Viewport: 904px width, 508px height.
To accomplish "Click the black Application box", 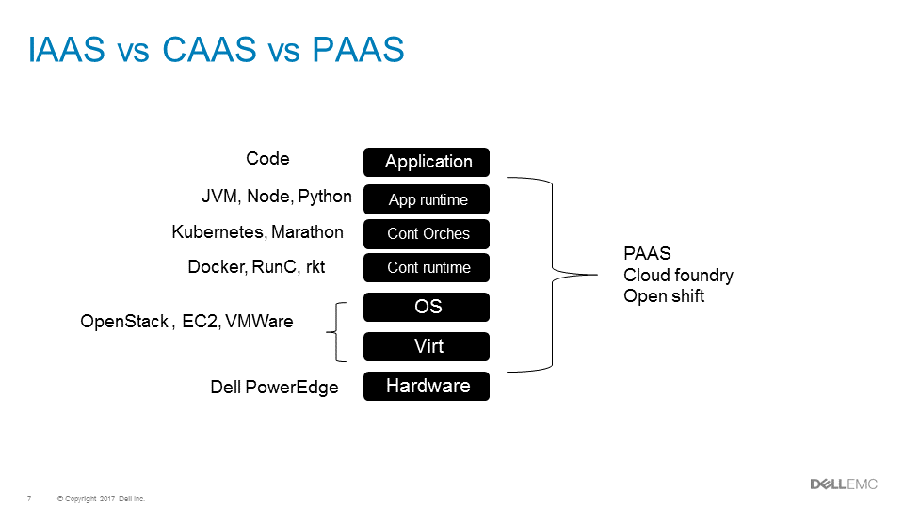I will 427,162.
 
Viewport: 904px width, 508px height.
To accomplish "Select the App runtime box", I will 427,199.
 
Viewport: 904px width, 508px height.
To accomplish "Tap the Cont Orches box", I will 427,233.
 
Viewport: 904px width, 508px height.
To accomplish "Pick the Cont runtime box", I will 427,267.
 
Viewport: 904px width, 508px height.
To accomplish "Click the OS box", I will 427,307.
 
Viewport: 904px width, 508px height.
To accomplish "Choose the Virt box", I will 427,346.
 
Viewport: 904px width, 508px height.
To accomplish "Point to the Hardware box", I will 427,386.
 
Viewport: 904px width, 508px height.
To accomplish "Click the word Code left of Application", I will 267,159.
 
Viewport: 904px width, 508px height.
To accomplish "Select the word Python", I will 325,197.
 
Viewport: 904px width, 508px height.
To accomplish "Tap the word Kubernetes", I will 218,231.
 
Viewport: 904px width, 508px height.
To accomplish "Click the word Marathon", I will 308,231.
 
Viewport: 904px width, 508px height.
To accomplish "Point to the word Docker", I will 216,267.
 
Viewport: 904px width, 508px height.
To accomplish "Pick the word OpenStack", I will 123,322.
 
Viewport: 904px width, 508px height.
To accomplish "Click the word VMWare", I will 259,322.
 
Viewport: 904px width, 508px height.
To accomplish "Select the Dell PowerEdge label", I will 274,388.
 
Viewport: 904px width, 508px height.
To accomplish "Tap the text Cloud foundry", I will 678,276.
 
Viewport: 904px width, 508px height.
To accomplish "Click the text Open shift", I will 664,296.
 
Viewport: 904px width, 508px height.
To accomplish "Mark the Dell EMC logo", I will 844,484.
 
